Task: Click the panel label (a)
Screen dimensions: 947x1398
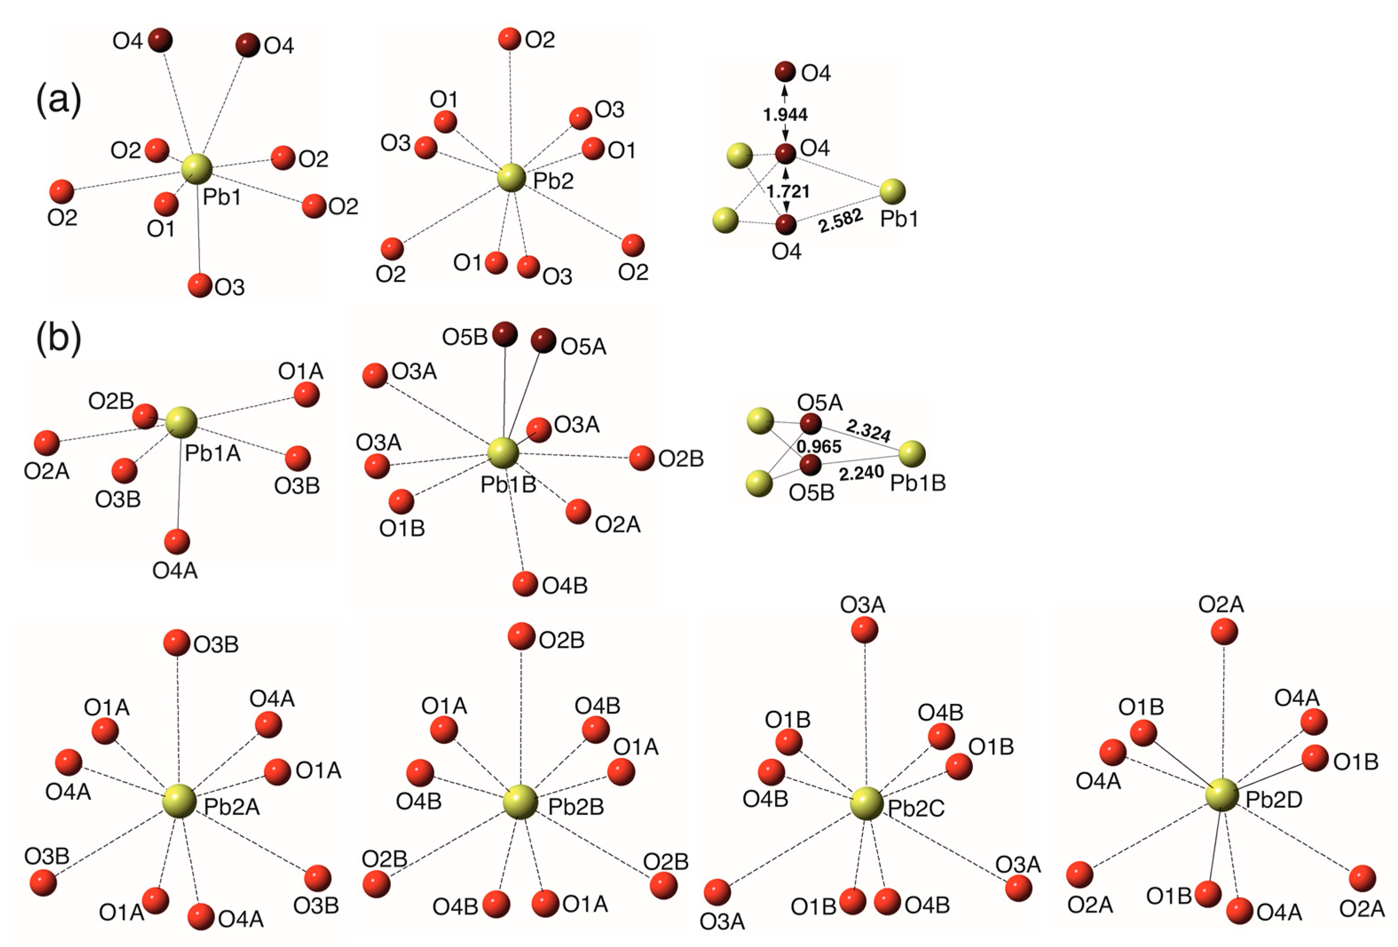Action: [x=59, y=100]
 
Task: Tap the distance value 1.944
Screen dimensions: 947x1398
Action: [x=785, y=114]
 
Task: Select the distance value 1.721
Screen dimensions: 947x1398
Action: [x=788, y=191]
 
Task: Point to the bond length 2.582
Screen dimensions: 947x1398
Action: [x=840, y=221]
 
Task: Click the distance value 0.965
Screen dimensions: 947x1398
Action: [x=819, y=446]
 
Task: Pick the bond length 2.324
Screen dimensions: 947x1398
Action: [x=868, y=431]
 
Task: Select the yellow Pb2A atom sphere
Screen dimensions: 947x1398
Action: [x=179, y=801]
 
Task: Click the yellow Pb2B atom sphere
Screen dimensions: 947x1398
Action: [x=520, y=801]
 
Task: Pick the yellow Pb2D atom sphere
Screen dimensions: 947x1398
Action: [x=1222, y=794]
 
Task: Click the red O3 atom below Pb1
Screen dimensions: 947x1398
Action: [x=199, y=285]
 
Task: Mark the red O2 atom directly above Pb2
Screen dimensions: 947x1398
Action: [x=509, y=39]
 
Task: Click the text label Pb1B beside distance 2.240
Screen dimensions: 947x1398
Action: [x=918, y=482]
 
